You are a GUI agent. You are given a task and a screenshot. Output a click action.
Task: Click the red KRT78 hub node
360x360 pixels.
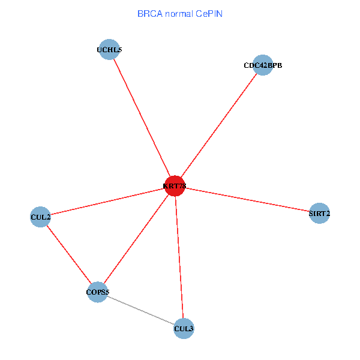(x=175, y=186)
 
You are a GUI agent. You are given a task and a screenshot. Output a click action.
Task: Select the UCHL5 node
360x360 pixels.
(x=109, y=50)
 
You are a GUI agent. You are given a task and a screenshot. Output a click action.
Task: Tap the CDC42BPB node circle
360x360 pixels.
(x=263, y=65)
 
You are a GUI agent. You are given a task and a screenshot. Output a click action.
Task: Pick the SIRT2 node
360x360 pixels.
(x=319, y=213)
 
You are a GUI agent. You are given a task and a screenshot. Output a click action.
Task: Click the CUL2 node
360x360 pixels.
(x=40, y=216)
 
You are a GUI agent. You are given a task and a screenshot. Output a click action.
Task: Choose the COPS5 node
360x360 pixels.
(x=97, y=292)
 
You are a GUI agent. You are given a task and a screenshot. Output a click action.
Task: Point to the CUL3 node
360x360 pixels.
(x=184, y=328)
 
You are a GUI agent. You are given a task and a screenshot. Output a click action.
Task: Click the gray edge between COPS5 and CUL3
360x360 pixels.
(x=140, y=310)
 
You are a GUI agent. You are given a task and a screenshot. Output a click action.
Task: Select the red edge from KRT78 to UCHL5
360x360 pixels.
(x=142, y=118)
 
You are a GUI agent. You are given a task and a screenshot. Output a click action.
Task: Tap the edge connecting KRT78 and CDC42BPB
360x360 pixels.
(x=219, y=125)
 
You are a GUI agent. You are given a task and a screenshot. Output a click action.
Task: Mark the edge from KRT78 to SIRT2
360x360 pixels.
(x=247, y=200)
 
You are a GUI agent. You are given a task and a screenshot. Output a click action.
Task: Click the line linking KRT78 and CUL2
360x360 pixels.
(x=107, y=201)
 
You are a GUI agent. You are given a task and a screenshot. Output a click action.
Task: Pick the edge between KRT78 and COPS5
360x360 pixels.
(x=136, y=239)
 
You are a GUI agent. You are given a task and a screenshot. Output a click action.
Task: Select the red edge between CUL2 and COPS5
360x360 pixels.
(x=68, y=254)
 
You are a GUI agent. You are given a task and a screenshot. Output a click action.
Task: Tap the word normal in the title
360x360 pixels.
(x=179, y=13)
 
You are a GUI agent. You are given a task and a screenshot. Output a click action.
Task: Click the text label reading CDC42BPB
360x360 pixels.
(x=263, y=65)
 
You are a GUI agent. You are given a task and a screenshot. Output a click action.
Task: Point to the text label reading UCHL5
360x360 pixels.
(x=109, y=50)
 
